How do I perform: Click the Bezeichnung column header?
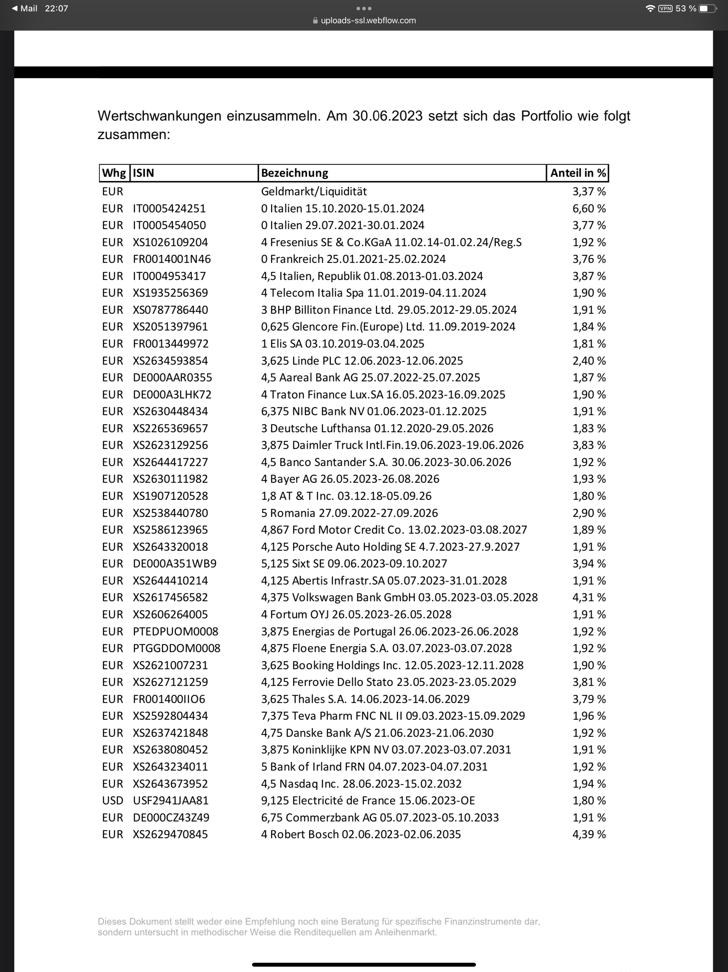[295, 173]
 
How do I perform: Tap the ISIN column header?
[144, 173]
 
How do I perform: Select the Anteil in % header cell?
[578, 173]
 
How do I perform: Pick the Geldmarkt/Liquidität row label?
[314, 191]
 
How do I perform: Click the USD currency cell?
[112, 801]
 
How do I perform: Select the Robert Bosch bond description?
[360, 834]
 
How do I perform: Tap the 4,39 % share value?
[589, 834]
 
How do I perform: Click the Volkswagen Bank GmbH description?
[399, 598]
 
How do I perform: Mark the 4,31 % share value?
[589, 598]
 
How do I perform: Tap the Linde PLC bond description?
[362, 361]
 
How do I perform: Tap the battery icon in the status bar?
[707, 8]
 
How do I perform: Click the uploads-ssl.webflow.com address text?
[368, 20]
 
